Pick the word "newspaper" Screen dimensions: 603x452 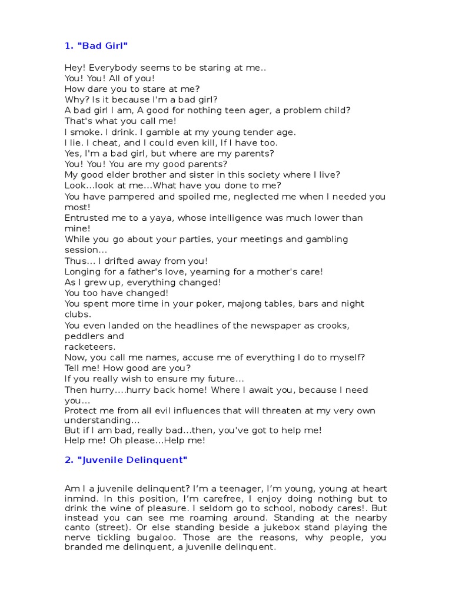tap(290, 326)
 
